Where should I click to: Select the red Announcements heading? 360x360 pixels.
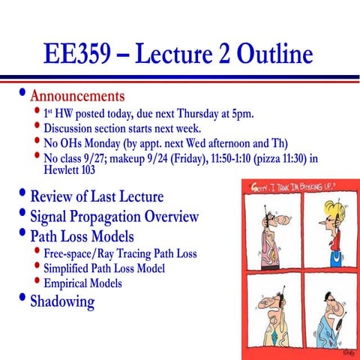pos(76,97)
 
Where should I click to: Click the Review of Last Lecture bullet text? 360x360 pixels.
pos(96,197)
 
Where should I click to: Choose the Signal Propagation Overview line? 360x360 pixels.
pos(114,217)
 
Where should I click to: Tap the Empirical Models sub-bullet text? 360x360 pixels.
pos(82,283)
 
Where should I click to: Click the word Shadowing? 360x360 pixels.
pos(62,301)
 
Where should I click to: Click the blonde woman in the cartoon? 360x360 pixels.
pos(330,229)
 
